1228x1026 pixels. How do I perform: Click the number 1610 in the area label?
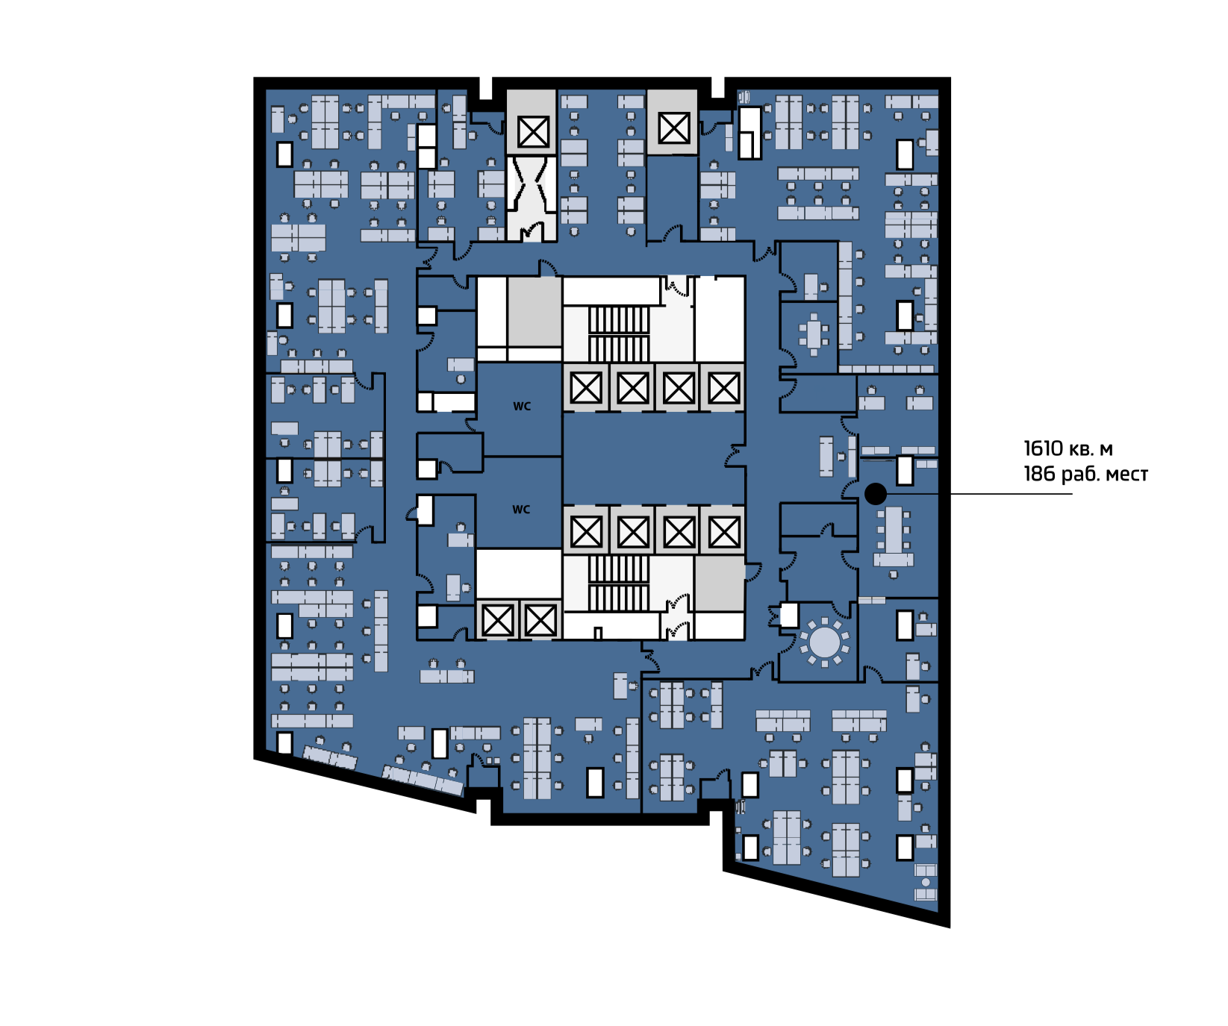[x=1043, y=448]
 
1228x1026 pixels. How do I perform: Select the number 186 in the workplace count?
[x=1039, y=474]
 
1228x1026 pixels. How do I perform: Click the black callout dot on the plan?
[x=876, y=493]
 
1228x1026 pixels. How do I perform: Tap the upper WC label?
[x=522, y=407]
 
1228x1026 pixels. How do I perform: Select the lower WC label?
[x=521, y=510]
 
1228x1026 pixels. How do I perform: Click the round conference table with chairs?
[x=825, y=642]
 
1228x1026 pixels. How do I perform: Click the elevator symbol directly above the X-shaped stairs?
[x=533, y=132]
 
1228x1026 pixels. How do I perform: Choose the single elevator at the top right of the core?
[x=673, y=128]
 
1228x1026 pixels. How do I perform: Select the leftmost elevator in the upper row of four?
[x=586, y=388]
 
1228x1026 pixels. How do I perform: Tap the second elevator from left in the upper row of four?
[x=632, y=388]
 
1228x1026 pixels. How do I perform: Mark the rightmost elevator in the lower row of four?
[x=723, y=532]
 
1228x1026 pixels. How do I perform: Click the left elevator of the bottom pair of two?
[x=498, y=620]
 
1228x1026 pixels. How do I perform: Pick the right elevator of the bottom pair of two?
[x=540, y=620]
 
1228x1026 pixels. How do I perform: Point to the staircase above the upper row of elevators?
[x=619, y=334]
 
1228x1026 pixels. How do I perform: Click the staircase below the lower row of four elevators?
[x=619, y=584]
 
